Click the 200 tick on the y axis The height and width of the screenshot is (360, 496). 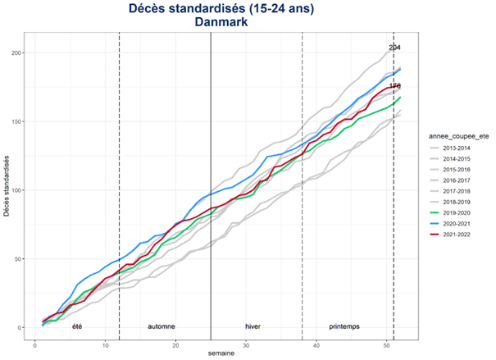pyautogui.click(x=16, y=53)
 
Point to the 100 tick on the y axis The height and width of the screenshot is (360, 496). pyautogui.click(x=16, y=190)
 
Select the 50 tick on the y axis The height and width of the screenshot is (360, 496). pyautogui.click(x=17, y=259)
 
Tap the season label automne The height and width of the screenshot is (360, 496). pyautogui.click(x=161, y=326)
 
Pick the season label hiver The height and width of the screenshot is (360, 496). pyautogui.click(x=253, y=326)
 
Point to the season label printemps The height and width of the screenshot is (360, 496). pyautogui.click(x=344, y=326)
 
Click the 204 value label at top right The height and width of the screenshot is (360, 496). pyautogui.click(x=394, y=48)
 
